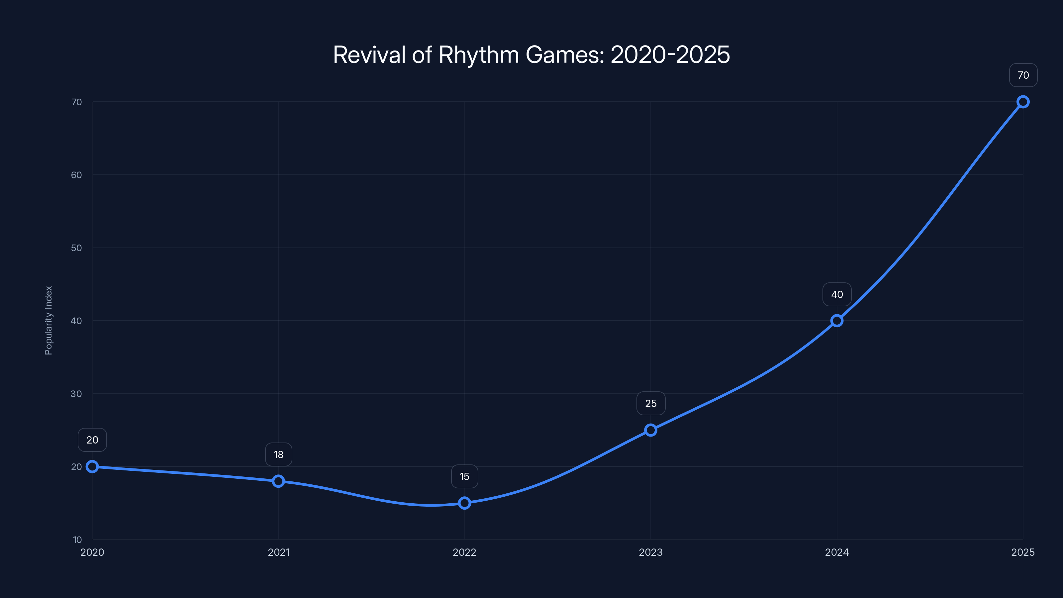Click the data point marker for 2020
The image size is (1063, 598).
(92, 467)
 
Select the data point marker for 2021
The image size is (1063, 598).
(279, 481)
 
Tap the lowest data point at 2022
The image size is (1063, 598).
(465, 503)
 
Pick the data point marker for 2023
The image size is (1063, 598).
(651, 430)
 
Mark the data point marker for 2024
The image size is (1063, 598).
(837, 321)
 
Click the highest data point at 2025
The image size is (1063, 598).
(1023, 102)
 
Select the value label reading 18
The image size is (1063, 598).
(279, 454)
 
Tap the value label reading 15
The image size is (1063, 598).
(465, 476)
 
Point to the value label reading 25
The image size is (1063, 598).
(651, 403)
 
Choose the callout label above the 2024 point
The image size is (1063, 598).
(837, 294)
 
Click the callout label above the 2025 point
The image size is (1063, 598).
(1023, 75)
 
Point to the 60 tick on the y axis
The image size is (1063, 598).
(76, 175)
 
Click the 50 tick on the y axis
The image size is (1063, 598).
(76, 248)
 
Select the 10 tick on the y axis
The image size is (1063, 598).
(77, 540)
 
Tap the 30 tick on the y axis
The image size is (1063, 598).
(76, 394)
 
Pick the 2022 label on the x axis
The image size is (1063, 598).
(465, 552)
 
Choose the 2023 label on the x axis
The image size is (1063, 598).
(651, 552)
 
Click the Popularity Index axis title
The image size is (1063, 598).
(49, 320)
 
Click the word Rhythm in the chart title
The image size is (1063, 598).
(478, 55)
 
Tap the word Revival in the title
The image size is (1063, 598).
(369, 55)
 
